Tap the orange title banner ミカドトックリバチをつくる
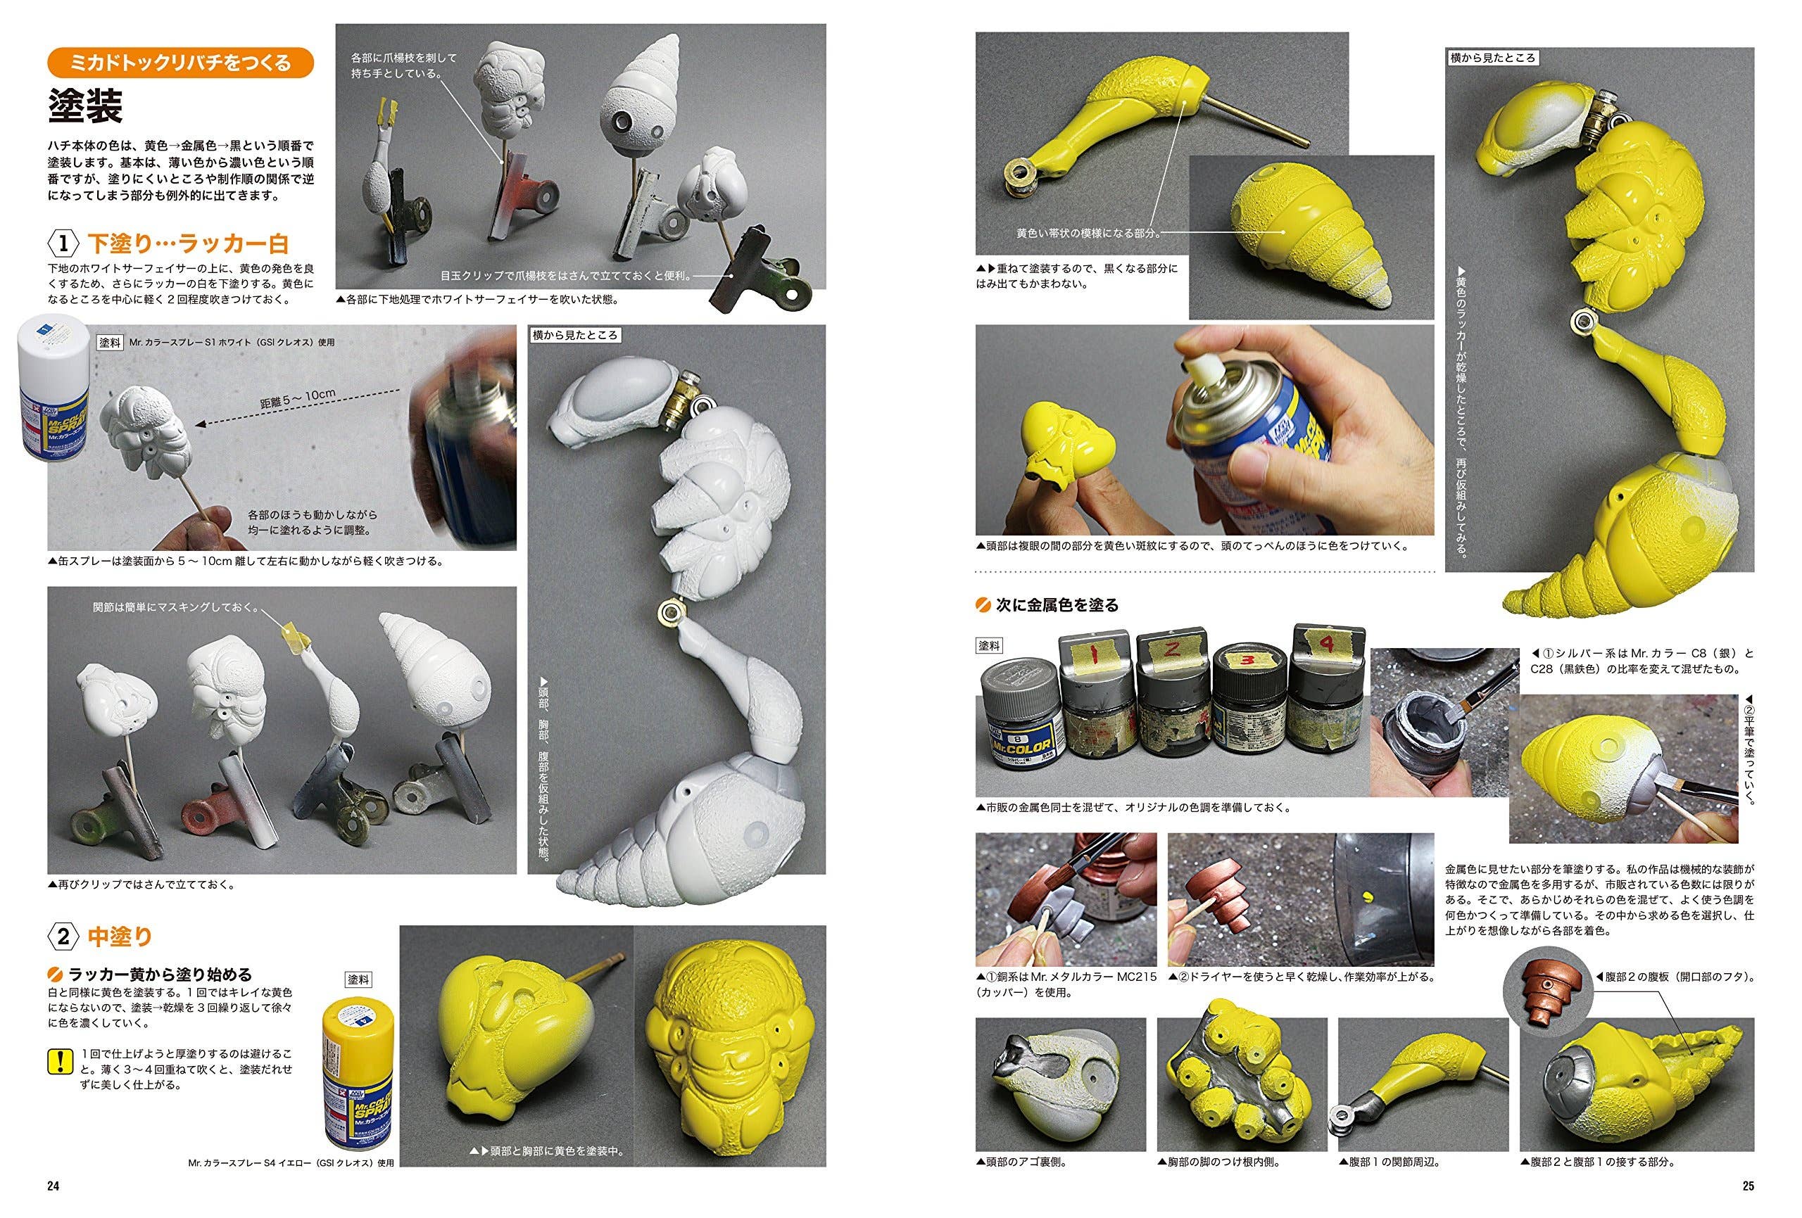pos(181,62)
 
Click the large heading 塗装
pos(84,106)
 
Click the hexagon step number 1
pos(63,243)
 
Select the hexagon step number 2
pos(63,937)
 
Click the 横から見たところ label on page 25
pos(1492,58)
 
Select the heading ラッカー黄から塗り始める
pos(160,975)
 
